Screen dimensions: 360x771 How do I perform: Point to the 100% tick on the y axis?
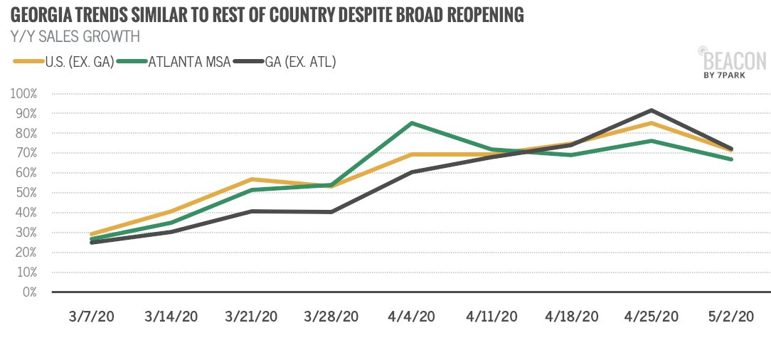25,94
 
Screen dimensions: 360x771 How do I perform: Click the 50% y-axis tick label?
27,193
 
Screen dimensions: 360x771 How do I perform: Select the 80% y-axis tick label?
27,133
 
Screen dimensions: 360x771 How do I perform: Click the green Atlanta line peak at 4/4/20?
413,124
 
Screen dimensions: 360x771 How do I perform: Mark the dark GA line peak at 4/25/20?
652,110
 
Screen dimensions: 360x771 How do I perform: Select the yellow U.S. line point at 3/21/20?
252,179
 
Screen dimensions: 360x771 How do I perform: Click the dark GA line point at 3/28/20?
332,212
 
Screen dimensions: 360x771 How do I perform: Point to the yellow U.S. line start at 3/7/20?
93,234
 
